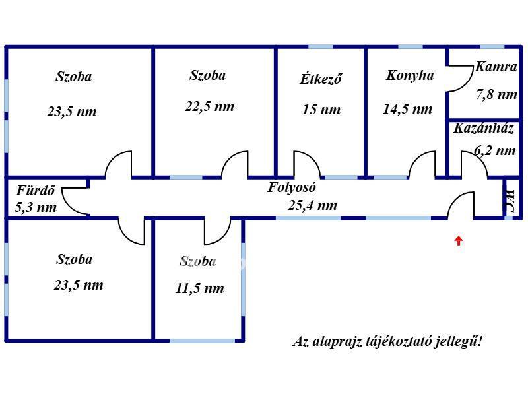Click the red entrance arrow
pos(458,241)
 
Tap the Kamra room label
pos(496,67)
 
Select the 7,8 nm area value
pos(496,94)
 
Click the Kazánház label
pos(483,129)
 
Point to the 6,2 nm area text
pos(494,150)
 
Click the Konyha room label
pos(410,75)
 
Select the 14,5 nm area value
pos(407,109)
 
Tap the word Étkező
pos(321,79)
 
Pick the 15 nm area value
pos(321,110)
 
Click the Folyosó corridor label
pos(292,187)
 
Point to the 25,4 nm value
pos(312,205)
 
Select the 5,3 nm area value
pos(36,207)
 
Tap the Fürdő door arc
pos(76,199)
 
